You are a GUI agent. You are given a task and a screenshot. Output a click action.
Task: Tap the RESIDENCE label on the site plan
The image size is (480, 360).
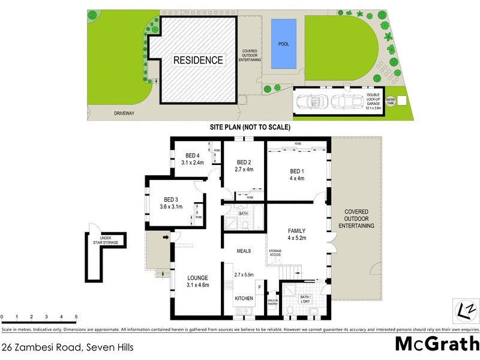199,60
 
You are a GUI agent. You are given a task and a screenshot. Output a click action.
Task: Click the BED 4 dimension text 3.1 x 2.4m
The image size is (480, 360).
194,162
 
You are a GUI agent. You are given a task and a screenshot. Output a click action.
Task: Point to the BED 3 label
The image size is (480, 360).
171,199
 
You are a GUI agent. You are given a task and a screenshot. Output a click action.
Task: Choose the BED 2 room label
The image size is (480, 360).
244,162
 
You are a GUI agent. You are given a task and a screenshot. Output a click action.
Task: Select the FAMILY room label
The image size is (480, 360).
297,231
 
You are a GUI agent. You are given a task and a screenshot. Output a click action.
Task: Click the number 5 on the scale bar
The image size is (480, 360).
76,316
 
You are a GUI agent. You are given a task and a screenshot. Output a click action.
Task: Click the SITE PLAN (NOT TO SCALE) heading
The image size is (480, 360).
250,127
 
